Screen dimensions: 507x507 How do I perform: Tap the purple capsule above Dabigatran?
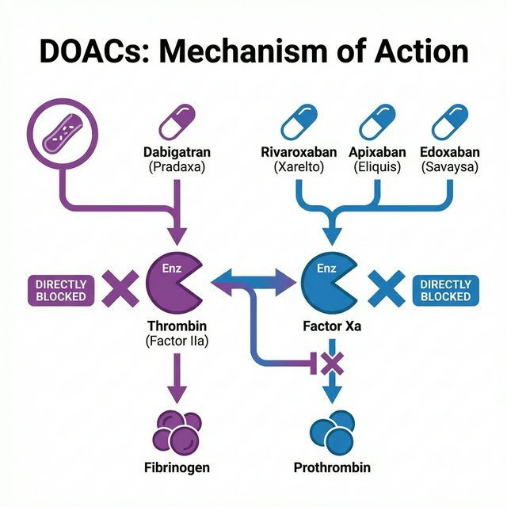pos(177,123)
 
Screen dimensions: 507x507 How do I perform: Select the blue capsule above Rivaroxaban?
pos(299,123)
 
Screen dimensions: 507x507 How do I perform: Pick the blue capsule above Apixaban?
pos(378,123)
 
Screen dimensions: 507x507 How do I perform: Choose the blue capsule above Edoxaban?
pos(451,123)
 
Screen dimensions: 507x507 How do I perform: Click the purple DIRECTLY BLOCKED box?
pos(60,290)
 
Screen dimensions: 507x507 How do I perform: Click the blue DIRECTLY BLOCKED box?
pos(445,290)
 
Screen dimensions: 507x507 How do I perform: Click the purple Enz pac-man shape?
pos(174,284)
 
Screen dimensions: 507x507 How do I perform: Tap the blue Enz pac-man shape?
pos(330,284)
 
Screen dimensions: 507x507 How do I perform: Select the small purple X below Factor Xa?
pos(332,363)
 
